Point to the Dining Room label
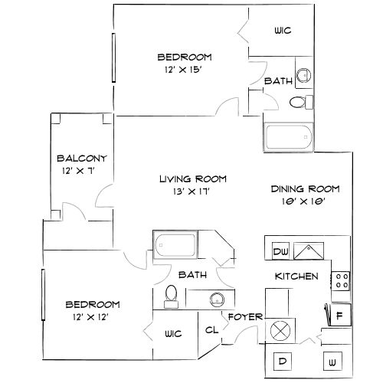coord(306,188)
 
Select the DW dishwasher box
coord(280,250)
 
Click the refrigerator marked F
coord(339,313)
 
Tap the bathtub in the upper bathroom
coord(289,137)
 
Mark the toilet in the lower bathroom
coord(172,295)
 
